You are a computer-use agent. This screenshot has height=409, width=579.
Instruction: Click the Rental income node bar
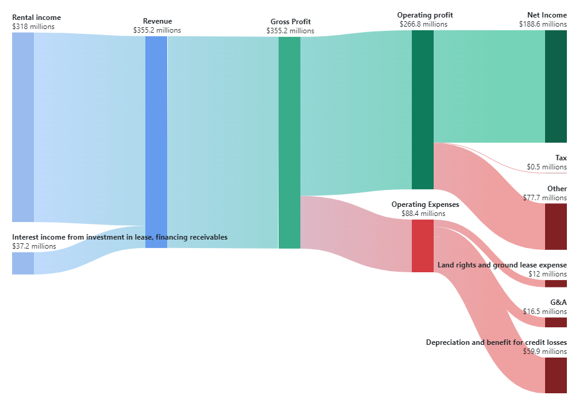click(x=23, y=127)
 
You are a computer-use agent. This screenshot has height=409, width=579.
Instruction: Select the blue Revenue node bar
click(x=156, y=142)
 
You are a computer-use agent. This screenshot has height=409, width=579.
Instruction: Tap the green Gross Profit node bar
click(x=289, y=142)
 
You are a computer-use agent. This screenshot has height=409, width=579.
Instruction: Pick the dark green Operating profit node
click(x=423, y=110)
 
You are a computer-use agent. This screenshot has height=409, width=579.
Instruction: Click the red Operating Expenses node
click(x=423, y=246)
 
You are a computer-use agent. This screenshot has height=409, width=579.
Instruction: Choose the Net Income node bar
click(x=556, y=87)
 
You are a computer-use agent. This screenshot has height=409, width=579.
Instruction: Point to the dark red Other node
click(x=556, y=226)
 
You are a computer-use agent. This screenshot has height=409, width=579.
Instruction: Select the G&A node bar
click(x=556, y=322)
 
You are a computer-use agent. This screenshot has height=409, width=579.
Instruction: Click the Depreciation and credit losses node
click(x=556, y=375)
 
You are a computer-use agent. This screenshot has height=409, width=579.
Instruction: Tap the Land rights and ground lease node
click(x=556, y=284)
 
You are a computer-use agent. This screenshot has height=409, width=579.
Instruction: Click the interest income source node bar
click(x=23, y=263)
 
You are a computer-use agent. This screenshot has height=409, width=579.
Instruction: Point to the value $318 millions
click(x=33, y=27)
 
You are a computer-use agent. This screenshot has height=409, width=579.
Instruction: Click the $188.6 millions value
click(x=543, y=24)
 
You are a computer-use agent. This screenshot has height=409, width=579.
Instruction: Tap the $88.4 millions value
click(x=423, y=214)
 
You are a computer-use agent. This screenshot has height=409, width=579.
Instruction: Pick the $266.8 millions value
click(x=423, y=24)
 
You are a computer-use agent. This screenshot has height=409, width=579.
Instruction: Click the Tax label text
click(x=561, y=158)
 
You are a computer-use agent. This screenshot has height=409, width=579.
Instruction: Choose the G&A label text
click(x=558, y=302)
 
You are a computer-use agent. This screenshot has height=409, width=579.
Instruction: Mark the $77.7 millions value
click(x=544, y=198)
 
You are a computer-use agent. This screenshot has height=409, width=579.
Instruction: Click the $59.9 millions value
click(x=544, y=352)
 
